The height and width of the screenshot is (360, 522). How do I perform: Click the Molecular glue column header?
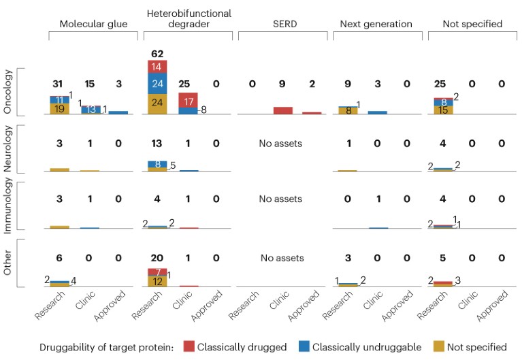[92, 24]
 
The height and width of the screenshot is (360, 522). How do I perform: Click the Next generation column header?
[376, 24]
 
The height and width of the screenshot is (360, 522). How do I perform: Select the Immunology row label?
[8, 206]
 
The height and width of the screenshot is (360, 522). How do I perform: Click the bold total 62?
[158, 53]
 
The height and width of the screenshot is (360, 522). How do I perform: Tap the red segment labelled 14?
[158, 67]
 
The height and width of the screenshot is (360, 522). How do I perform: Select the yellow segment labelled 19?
[60, 109]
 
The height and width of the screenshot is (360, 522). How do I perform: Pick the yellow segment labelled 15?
[443, 110]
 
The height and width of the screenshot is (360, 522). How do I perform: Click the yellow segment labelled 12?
[158, 281]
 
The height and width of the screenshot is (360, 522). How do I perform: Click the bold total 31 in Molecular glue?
[60, 84]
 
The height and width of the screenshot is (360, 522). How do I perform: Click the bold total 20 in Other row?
[158, 258]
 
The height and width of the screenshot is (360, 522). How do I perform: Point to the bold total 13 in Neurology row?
[158, 144]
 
